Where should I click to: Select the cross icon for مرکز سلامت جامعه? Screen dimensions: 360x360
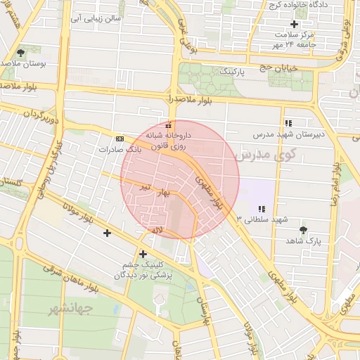coord(295,24)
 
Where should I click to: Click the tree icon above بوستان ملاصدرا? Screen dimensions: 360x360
coord(20,53)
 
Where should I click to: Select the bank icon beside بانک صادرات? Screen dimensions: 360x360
coord(120,139)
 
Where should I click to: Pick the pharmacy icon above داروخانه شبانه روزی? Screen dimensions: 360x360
coord(167,124)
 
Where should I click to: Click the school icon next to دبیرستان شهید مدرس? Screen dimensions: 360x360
coord(288,123)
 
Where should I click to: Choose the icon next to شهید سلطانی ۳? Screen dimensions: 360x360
coord(262,209)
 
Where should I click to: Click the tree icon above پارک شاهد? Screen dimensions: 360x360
coord(303,230)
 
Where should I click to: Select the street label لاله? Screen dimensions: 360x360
coord(156,229)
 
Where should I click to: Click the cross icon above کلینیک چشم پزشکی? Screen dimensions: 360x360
coord(143,254)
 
